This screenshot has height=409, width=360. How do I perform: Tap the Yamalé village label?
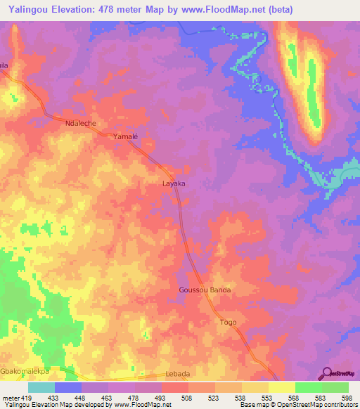(126, 138)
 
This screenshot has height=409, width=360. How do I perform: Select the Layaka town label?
(174, 183)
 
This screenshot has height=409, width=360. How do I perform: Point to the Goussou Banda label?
(205, 290)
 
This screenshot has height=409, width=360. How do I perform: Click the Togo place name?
(229, 322)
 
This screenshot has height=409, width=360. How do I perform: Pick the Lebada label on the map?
(177, 374)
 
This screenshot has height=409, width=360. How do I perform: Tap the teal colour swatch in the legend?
(41, 387)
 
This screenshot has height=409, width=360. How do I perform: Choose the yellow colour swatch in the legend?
(281, 387)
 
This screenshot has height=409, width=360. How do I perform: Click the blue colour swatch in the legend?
(67, 387)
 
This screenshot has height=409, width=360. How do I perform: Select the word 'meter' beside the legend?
(11, 397)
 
